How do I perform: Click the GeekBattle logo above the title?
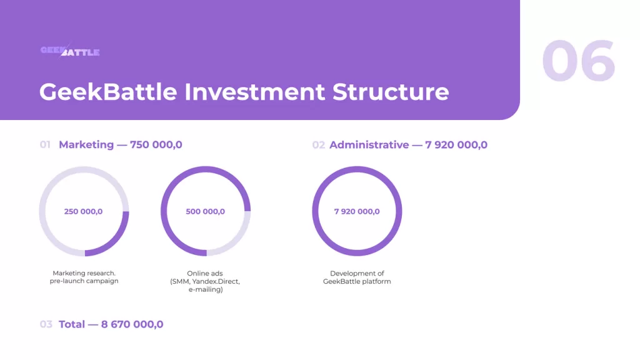70,51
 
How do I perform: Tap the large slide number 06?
578,61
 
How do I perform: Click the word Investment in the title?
255,91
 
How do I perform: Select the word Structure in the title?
391,91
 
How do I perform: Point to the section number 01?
45,144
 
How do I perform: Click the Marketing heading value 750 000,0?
156,144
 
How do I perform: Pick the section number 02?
318,145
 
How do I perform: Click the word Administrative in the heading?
369,145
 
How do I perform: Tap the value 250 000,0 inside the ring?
83,211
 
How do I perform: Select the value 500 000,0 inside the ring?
205,211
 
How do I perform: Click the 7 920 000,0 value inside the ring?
357,211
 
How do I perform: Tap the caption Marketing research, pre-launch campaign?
84,277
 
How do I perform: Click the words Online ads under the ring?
205,273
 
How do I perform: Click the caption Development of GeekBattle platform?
357,277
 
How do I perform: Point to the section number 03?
46,324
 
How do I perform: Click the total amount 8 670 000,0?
132,324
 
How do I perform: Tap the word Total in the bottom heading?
72,324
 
